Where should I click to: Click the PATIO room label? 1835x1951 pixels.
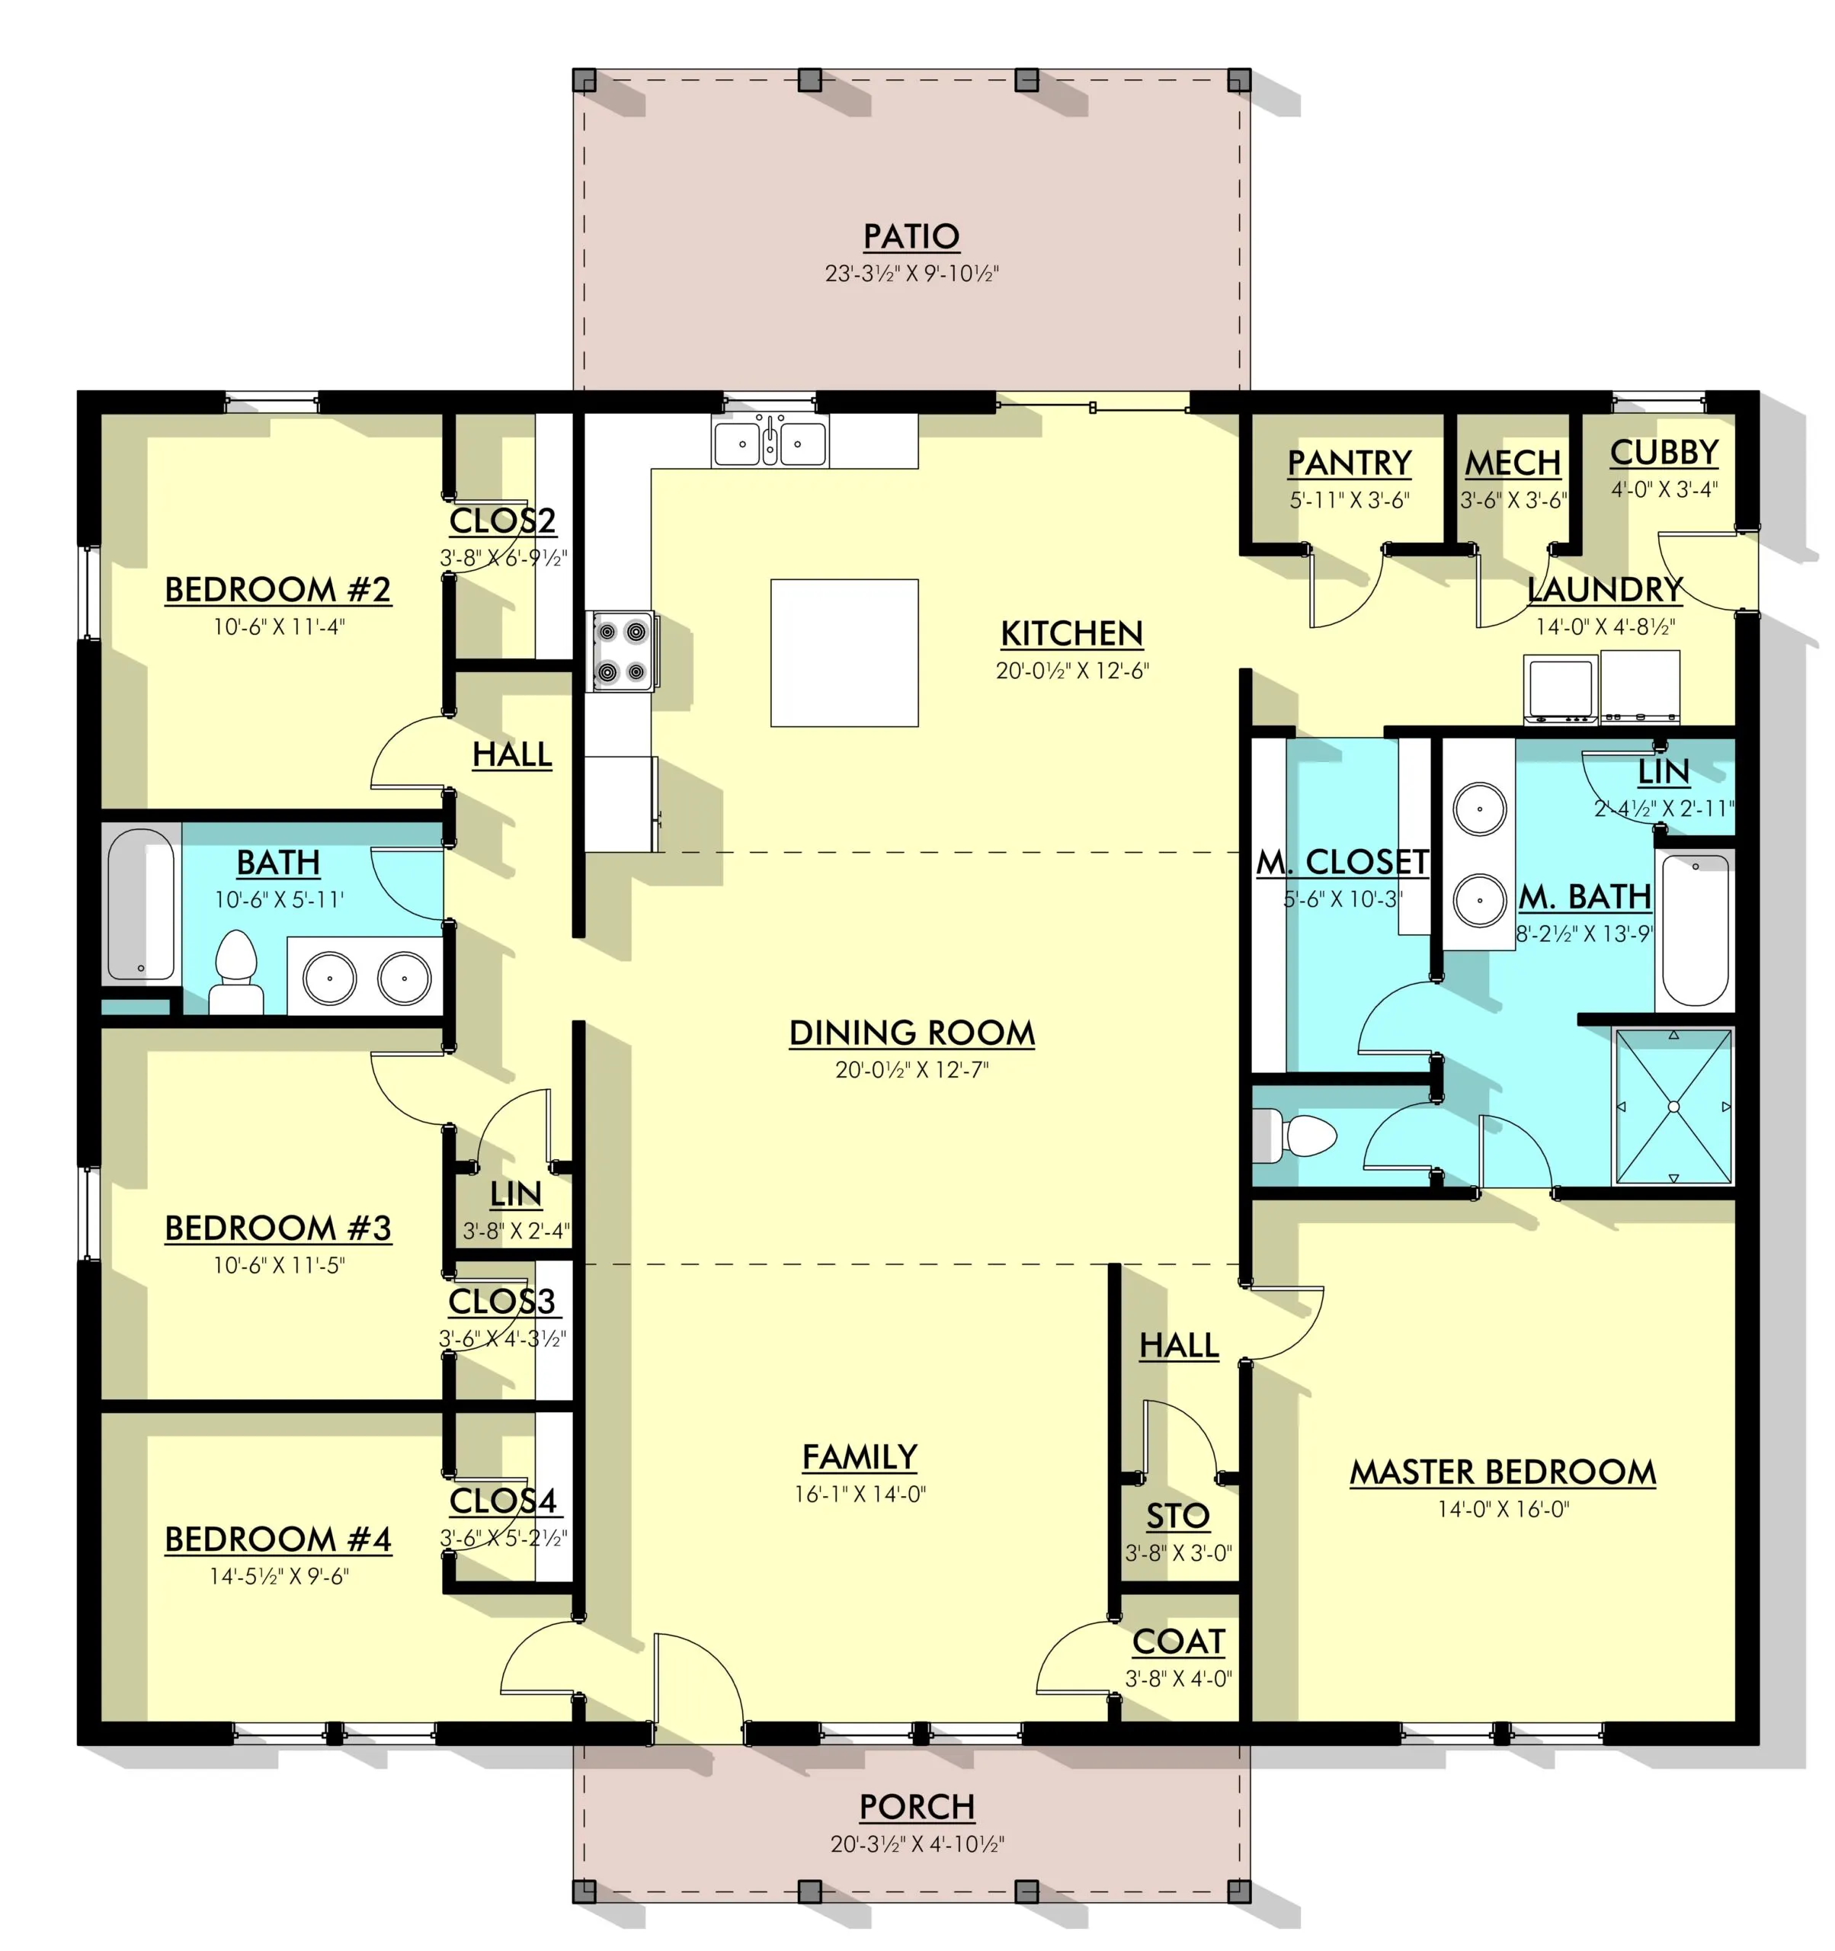click(x=911, y=236)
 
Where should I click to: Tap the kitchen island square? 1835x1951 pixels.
click(x=844, y=652)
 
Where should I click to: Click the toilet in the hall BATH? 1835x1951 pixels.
click(x=235, y=972)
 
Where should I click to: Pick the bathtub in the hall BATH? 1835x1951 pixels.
click(x=140, y=904)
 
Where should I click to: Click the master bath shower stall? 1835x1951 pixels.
click(x=1673, y=1106)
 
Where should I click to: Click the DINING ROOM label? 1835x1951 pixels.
click(x=911, y=1033)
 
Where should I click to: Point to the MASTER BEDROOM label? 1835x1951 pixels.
click(x=1502, y=1472)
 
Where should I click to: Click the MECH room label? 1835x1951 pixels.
click(x=1512, y=463)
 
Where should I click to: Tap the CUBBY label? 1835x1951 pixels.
click(x=1664, y=453)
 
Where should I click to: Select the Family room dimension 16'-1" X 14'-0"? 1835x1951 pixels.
click(x=860, y=1494)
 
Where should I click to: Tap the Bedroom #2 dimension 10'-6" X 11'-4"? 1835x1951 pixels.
click(x=279, y=626)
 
